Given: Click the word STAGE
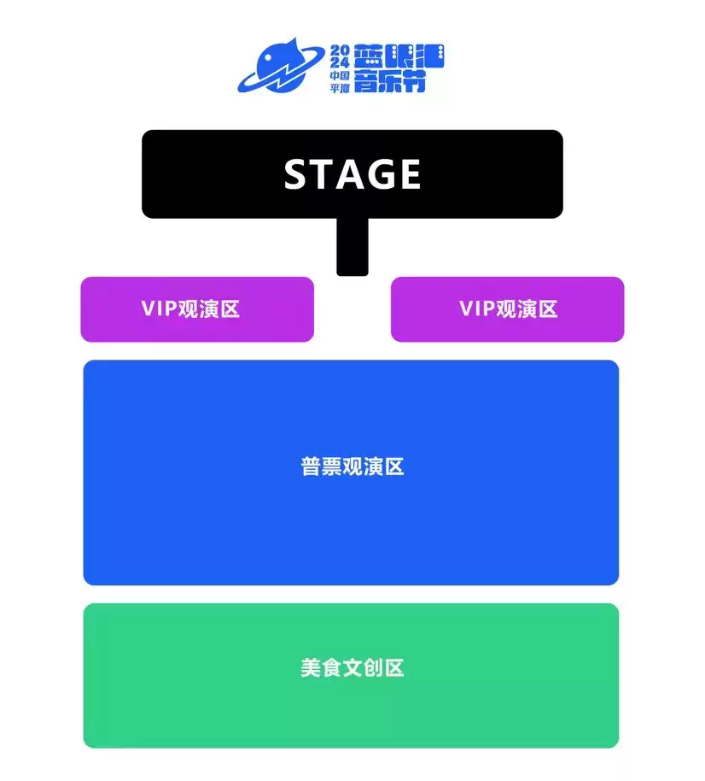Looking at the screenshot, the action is [352, 174].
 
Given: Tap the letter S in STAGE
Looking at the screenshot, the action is [295, 174].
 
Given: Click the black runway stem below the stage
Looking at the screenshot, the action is [352, 248].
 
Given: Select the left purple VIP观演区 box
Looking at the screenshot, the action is [197, 309].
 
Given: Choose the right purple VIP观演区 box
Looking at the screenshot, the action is [507, 309].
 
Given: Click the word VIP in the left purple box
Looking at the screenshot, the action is [159, 309].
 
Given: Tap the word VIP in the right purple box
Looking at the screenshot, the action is [477, 309].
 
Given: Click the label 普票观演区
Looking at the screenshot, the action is [352, 467].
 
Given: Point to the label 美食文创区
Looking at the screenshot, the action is [352, 667].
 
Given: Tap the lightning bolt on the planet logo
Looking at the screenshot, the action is [280, 71].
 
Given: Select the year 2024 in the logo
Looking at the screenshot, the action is [340, 56].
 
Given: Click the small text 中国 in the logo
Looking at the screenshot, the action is [341, 75].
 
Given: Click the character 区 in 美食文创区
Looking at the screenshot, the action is [393, 667].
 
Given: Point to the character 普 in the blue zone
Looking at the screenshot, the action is [311, 467].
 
